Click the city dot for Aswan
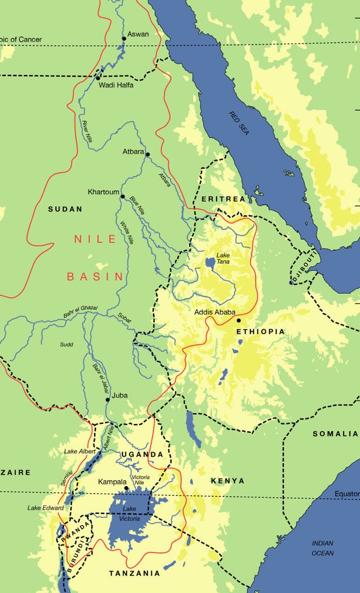[124, 38]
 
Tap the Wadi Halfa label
[116, 85]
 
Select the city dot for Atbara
[148, 154]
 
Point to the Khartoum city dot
[122, 196]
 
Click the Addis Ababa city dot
[239, 320]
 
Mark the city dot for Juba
[108, 399]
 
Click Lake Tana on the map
[210, 262]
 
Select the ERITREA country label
[223, 198]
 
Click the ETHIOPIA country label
[260, 332]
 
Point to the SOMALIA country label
[335, 433]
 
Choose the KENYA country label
[227, 481]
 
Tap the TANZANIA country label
[134, 573]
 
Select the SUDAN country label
[65, 209]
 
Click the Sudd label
[66, 345]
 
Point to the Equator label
[347, 494]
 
